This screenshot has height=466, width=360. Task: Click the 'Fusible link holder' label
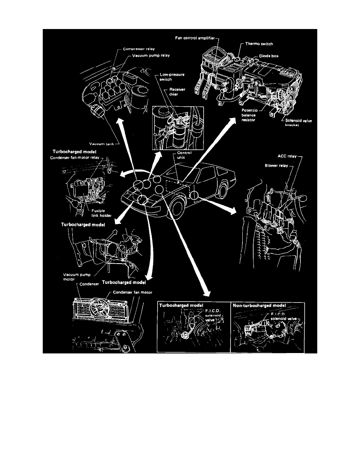pyautogui.click(x=96, y=214)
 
